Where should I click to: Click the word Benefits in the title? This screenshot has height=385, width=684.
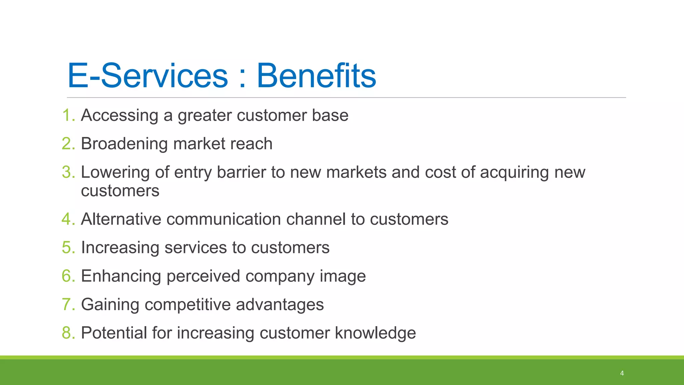pyautogui.click(x=316, y=76)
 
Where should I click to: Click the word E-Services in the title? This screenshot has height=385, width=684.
pyautogui.click(x=148, y=76)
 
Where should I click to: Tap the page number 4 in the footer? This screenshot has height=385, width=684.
pyautogui.click(x=622, y=373)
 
